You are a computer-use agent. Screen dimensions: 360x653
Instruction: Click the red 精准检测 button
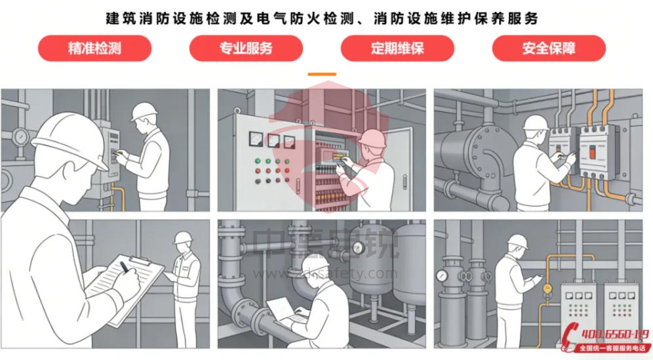(x=94, y=49)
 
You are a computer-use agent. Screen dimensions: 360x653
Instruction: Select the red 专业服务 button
(x=246, y=49)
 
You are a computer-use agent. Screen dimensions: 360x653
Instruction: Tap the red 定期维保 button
(x=397, y=49)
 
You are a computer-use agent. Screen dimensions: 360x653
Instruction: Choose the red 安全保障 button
(x=549, y=49)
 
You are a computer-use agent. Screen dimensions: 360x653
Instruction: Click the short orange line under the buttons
(x=322, y=74)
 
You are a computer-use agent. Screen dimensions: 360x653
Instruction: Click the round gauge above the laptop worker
(x=358, y=247)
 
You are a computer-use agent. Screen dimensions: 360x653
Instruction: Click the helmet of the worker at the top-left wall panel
(x=143, y=112)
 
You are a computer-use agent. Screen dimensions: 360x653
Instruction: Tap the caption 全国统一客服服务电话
(x=611, y=349)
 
